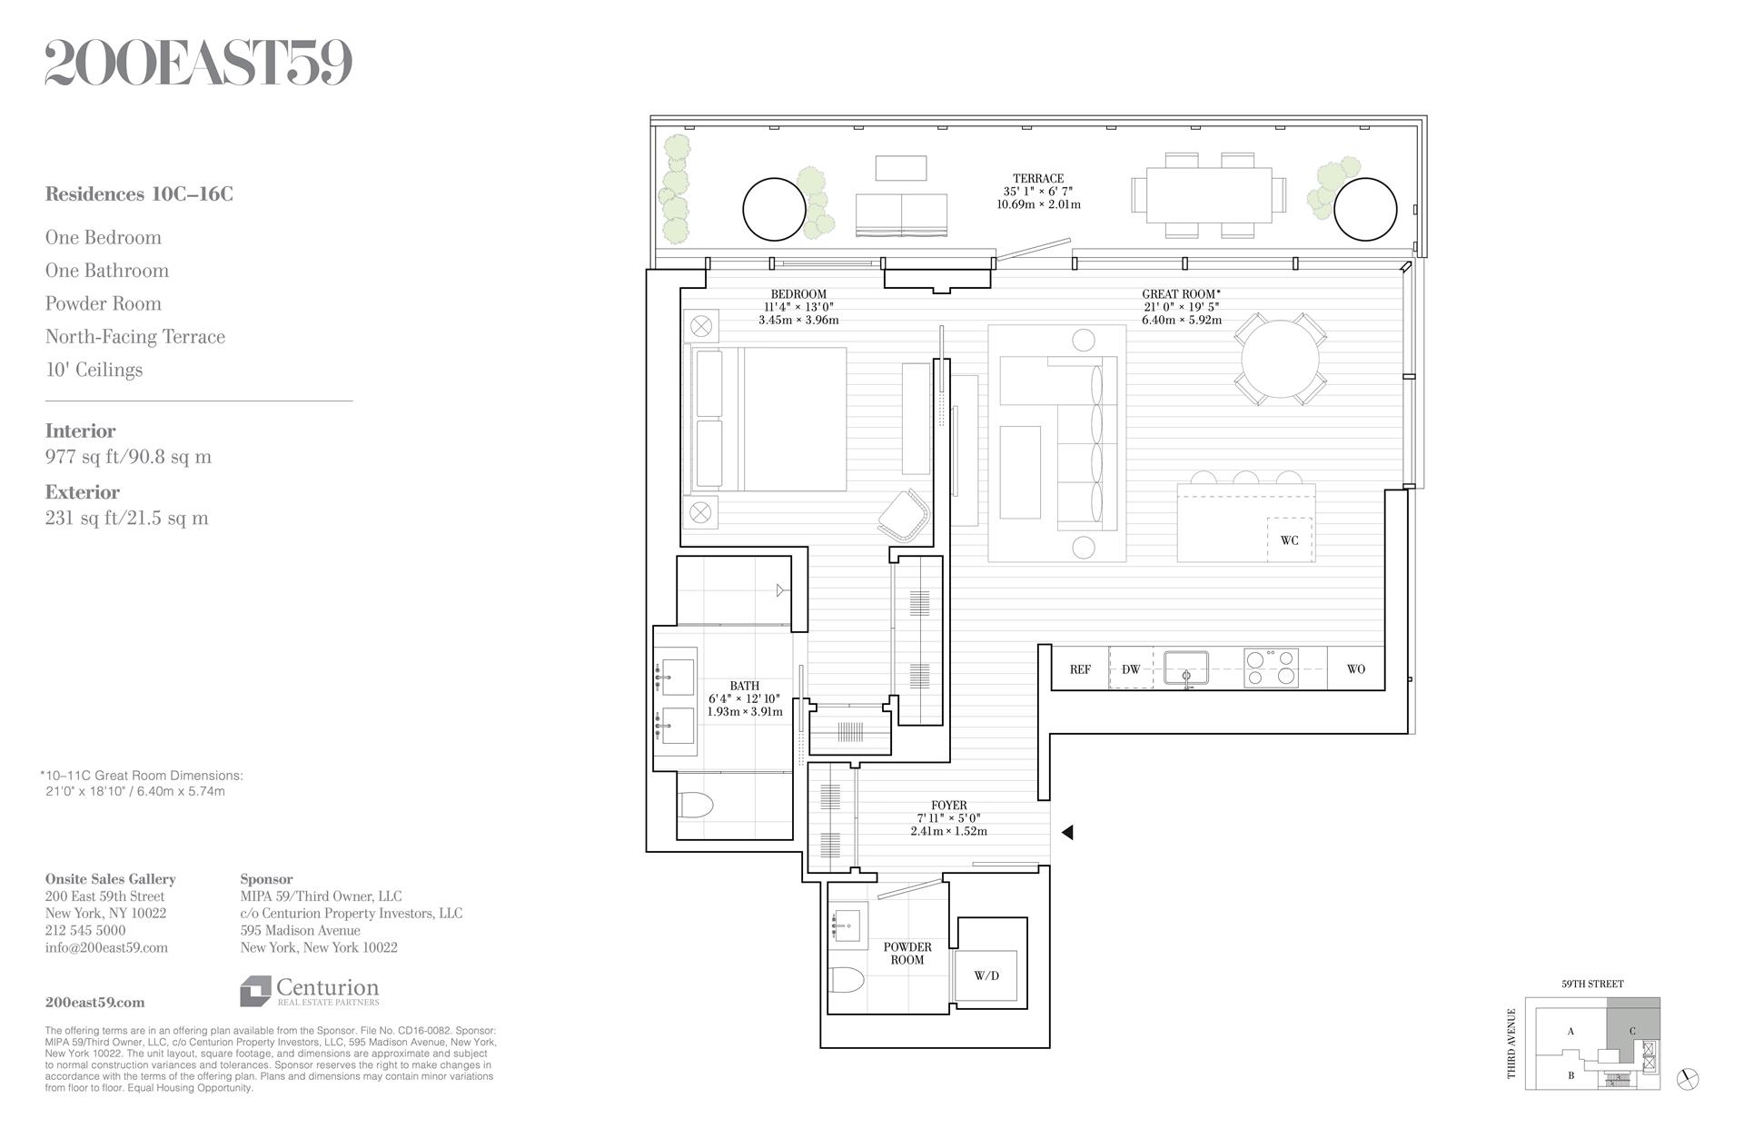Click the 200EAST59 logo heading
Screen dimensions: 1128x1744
pyautogui.click(x=198, y=64)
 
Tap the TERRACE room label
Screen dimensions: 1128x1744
pyautogui.click(x=1038, y=179)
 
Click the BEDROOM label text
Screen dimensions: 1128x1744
pyautogui.click(x=798, y=294)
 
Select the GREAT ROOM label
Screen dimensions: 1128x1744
pyautogui.click(x=1180, y=294)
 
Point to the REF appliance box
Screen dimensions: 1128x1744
pyautogui.click(x=1080, y=669)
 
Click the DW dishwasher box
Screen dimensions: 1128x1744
pyautogui.click(x=1131, y=669)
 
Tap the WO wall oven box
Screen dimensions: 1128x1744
pyautogui.click(x=1355, y=669)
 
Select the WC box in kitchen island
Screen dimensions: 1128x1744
pyautogui.click(x=1290, y=540)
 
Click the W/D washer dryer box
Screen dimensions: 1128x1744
pyautogui.click(x=986, y=976)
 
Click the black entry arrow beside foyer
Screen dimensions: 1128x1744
pyautogui.click(x=1067, y=832)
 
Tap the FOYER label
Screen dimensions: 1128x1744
pyautogui.click(x=948, y=806)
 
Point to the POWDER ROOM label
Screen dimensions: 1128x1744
pyautogui.click(x=907, y=954)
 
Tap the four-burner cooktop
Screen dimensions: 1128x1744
pyautogui.click(x=1271, y=668)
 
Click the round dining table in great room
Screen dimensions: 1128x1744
pyautogui.click(x=1281, y=359)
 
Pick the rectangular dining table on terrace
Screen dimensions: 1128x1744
pyautogui.click(x=1209, y=195)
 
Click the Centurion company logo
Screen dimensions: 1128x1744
pyautogui.click(x=310, y=991)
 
